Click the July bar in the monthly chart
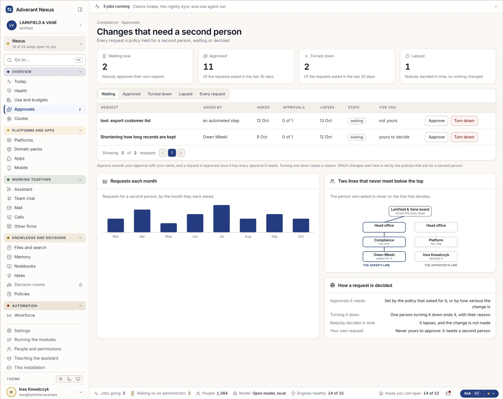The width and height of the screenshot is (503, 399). click(221, 218)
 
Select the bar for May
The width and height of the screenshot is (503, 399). click(169, 227)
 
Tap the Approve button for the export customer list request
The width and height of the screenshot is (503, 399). click(436, 121)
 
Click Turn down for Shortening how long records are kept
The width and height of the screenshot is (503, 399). click(464, 137)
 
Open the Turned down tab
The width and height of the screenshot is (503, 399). click(159, 94)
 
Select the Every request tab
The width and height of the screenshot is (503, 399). click(212, 94)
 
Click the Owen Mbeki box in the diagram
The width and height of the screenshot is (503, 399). click(384, 256)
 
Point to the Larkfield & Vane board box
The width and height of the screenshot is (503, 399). click(410, 211)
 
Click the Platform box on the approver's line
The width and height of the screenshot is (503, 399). click(436, 242)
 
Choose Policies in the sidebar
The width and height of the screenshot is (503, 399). click(22, 294)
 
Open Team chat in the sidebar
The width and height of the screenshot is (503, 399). click(25, 198)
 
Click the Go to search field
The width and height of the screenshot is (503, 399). click(45, 60)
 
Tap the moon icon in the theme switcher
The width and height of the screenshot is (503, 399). click(69, 379)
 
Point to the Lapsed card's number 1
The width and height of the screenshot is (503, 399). click(407, 67)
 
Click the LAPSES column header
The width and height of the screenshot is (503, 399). click(327, 107)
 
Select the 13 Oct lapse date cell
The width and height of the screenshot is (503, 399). click(326, 121)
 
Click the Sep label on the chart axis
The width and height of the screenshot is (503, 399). click(274, 236)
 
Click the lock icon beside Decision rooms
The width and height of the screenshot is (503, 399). click(81, 285)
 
